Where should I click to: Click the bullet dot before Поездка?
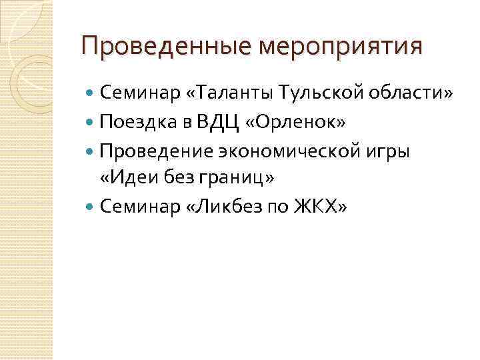91,123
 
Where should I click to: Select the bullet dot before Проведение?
91,151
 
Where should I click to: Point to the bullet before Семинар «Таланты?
91,95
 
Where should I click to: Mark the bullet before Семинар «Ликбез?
91,207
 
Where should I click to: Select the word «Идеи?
126,179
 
